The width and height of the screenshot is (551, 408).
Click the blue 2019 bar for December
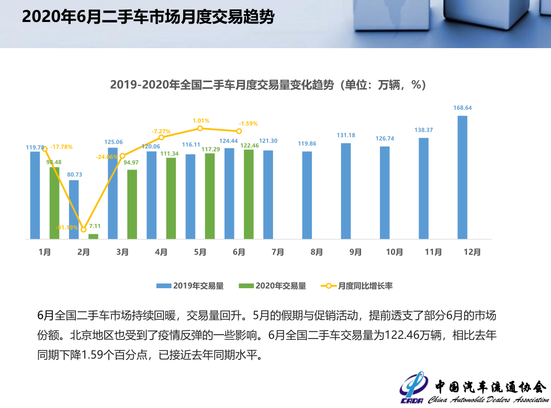click(x=462, y=177)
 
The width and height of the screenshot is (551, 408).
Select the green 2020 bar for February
click(x=93, y=236)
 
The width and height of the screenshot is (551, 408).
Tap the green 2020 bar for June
click(x=249, y=195)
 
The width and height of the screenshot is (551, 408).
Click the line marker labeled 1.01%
click(x=200, y=128)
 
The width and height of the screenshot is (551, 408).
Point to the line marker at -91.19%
click(x=83, y=230)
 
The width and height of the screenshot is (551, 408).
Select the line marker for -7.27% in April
click(x=161, y=138)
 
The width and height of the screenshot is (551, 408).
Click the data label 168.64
click(x=462, y=108)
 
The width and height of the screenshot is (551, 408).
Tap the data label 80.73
click(x=74, y=174)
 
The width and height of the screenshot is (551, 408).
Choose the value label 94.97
click(x=132, y=163)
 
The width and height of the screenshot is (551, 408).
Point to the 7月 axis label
click(x=278, y=252)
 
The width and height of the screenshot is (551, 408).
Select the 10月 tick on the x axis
click(x=395, y=252)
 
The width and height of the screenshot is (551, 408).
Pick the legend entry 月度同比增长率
click(x=358, y=286)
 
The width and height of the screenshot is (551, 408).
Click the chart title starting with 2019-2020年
click(x=268, y=85)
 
